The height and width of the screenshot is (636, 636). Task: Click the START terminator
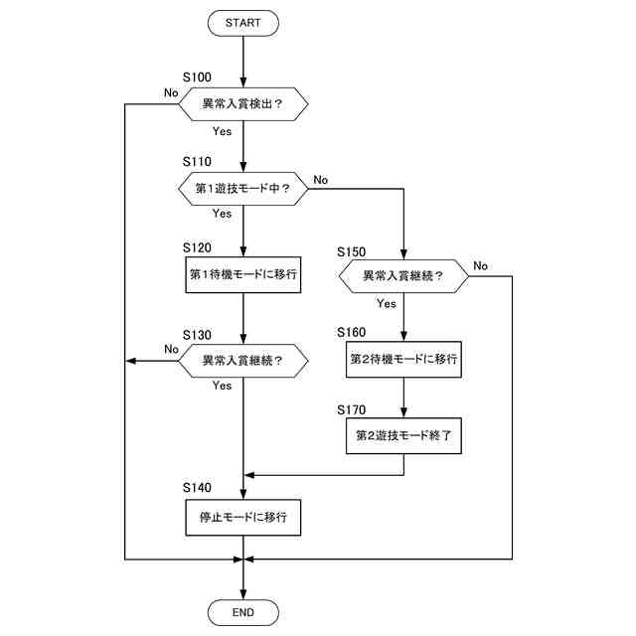(242, 22)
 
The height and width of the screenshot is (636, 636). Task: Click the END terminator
(242, 611)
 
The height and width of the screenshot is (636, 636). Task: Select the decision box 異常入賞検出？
(242, 103)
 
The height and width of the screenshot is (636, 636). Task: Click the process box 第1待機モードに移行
(242, 274)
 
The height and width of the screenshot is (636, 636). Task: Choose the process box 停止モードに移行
(242, 517)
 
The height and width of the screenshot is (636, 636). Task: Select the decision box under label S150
(402, 275)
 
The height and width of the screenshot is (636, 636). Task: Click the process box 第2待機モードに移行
(403, 360)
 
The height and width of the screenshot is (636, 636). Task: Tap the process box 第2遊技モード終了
(403, 434)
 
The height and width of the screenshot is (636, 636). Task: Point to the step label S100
(198, 77)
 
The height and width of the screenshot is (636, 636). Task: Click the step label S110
(198, 161)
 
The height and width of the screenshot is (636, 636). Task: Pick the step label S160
(353, 331)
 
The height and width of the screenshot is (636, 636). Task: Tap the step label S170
(353, 408)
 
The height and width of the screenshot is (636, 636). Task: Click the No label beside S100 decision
(171, 92)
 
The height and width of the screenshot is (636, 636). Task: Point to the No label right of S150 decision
(480, 265)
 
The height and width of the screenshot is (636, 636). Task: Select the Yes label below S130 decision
(223, 386)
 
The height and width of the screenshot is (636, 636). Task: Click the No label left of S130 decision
(171, 349)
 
